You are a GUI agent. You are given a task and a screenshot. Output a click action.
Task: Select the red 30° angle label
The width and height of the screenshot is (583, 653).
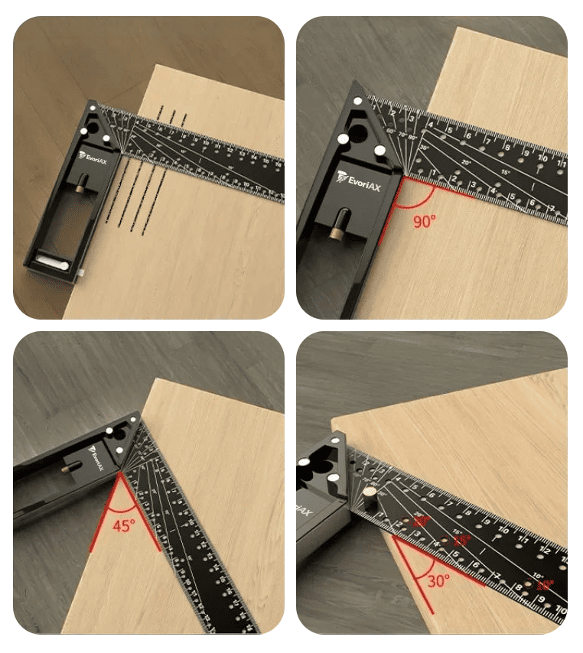438,580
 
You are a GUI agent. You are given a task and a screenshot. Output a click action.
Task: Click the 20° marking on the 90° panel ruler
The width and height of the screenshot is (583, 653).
466,161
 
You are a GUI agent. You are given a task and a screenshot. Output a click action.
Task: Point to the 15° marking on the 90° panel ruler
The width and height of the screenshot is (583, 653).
504,173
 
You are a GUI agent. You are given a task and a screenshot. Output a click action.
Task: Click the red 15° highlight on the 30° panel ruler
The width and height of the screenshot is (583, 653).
462,540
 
